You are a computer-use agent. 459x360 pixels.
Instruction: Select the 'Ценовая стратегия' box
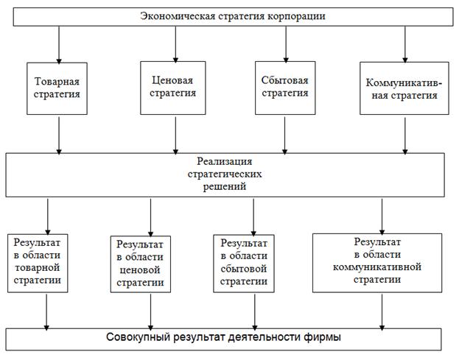coord(175,86)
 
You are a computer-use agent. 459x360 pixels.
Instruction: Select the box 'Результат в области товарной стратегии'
coord(46,261)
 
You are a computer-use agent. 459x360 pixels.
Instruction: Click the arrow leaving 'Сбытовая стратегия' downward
coord(284,134)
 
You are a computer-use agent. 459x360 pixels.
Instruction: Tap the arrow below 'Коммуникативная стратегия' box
coord(404,134)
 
